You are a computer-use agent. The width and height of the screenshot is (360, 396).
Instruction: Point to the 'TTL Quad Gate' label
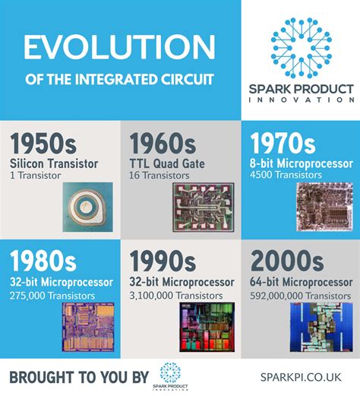pos(169,163)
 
